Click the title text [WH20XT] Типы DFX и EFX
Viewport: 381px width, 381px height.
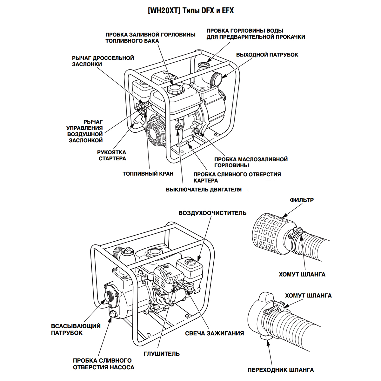[x=191, y=11]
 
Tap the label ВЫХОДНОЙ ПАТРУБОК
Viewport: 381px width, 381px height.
[x=267, y=55]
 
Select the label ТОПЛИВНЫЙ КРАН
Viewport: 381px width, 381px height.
[x=148, y=174]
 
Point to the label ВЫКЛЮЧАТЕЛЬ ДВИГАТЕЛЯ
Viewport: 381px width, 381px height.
[x=204, y=190]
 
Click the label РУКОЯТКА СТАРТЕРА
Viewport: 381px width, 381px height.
[x=112, y=155]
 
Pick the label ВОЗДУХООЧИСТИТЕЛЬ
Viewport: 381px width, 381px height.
[x=212, y=213]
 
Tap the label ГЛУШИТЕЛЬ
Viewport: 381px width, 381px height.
[x=161, y=354]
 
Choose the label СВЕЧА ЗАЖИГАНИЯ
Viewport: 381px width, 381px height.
[x=214, y=333]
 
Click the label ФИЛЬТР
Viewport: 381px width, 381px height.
[x=301, y=200]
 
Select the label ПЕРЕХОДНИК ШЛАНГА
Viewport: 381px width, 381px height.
[x=281, y=370]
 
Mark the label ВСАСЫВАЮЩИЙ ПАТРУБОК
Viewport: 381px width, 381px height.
[x=76, y=329]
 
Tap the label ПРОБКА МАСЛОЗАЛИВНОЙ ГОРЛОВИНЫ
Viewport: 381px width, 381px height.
[x=251, y=162]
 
